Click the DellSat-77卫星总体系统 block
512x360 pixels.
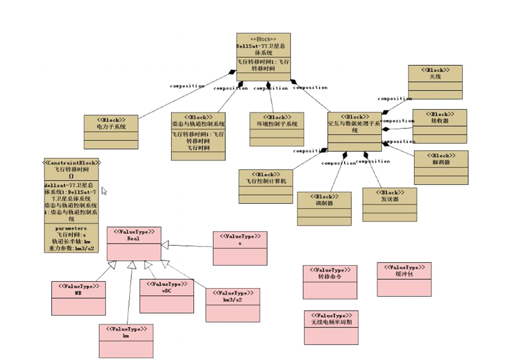coord(263,57)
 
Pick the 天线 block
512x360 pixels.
coord(435,82)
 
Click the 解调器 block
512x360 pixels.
coord(441,167)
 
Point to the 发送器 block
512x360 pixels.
coord(389,204)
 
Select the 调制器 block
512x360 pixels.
coord(324,208)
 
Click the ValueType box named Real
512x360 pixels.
coord(134,243)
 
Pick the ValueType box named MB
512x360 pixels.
coord(78,298)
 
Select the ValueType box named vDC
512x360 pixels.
coord(166,295)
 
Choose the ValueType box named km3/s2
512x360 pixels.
coord(232,304)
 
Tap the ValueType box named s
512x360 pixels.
coord(240,247)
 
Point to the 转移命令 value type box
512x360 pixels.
coord(330,282)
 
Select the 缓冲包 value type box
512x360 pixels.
coord(404,279)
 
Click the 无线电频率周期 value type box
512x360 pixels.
coord(331,327)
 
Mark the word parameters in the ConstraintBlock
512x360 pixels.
coord(71,228)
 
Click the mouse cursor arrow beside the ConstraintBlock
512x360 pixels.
coord(104,191)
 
